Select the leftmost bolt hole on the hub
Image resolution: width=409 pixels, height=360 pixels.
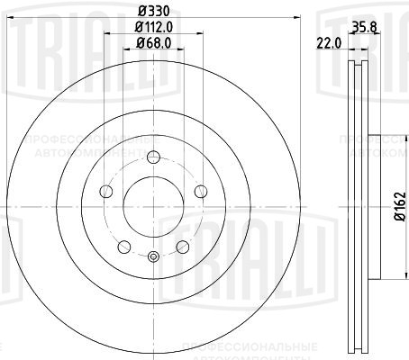pyautogui.click(x=105, y=191)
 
